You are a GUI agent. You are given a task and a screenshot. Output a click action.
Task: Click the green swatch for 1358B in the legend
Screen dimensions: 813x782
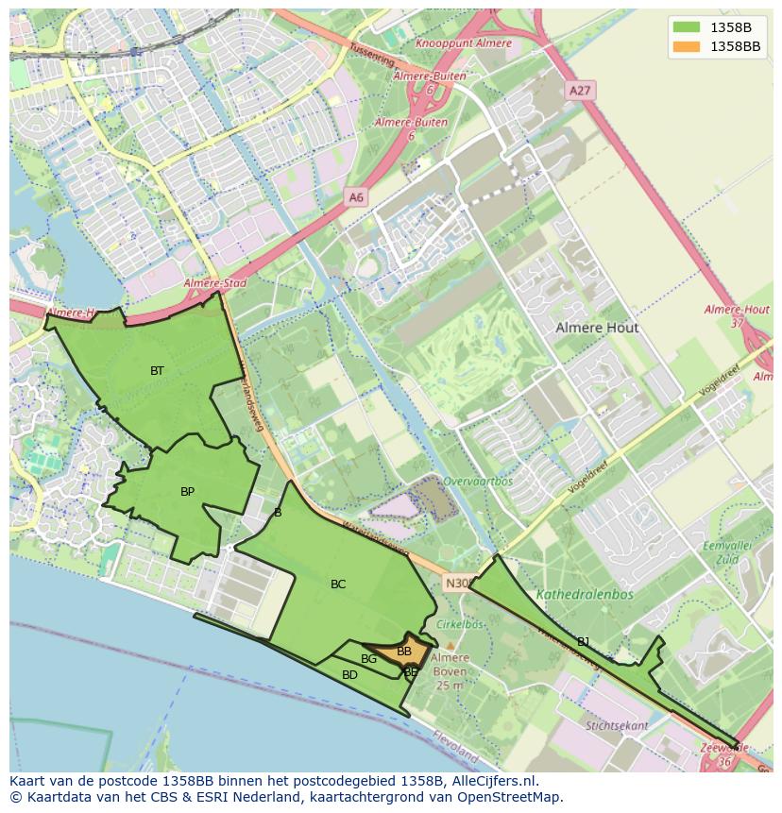click(687, 26)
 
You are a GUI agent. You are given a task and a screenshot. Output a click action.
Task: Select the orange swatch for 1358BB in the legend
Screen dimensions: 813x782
click(687, 46)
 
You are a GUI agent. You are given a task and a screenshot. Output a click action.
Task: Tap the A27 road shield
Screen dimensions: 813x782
click(579, 91)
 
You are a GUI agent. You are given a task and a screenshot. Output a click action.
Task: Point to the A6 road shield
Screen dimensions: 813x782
click(355, 197)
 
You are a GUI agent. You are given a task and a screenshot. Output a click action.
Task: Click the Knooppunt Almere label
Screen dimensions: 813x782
click(464, 43)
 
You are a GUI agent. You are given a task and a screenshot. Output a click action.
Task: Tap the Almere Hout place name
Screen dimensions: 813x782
click(597, 328)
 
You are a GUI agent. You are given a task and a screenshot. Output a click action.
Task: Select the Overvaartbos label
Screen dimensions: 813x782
click(478, 481)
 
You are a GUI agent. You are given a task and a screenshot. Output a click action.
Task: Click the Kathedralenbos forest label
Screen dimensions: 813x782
click(585, 595)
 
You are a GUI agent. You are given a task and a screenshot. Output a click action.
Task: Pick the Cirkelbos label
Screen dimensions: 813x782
click(460, 624)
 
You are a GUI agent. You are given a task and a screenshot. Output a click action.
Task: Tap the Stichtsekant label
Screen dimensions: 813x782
click(617, 726)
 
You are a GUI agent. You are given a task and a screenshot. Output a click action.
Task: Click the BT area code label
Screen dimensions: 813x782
click(157, 371)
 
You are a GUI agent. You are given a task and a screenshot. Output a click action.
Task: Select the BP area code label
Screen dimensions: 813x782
click(187, 492)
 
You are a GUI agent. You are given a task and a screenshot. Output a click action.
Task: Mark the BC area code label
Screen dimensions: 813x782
click(338, 584)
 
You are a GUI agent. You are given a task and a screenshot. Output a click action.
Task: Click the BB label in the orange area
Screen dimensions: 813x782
click(404, 652)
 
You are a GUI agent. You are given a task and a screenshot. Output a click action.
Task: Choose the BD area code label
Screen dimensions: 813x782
click(349, 675)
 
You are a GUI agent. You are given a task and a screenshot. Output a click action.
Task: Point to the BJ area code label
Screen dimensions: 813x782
click(584, 642)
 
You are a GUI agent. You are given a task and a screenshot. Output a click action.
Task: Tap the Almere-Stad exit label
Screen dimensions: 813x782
click(214, 283)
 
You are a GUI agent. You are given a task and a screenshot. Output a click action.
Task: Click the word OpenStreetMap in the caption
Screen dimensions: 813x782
click(507, 797)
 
